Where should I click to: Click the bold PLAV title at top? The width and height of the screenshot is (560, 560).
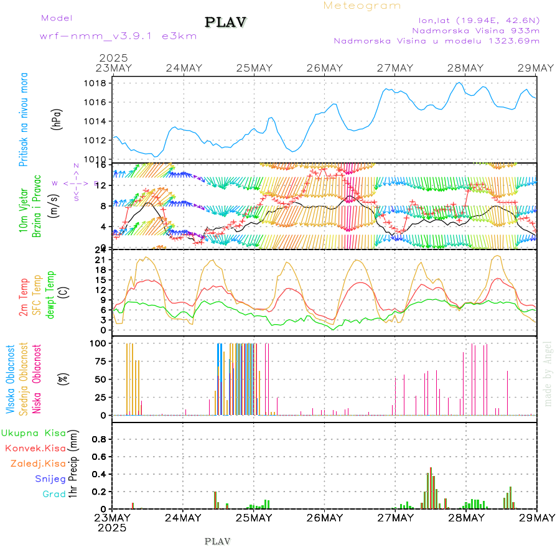[226, 22]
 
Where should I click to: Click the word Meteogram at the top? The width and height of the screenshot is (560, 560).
[362, 6]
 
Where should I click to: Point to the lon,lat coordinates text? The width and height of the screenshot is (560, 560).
[478, 19]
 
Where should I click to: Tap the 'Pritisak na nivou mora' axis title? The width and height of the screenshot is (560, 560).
[24, 122]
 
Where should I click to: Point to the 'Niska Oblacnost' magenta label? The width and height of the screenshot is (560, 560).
[37, 379]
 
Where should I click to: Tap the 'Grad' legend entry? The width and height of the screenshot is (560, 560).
[54, 494]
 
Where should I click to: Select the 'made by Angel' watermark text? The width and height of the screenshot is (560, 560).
[548, 373]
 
